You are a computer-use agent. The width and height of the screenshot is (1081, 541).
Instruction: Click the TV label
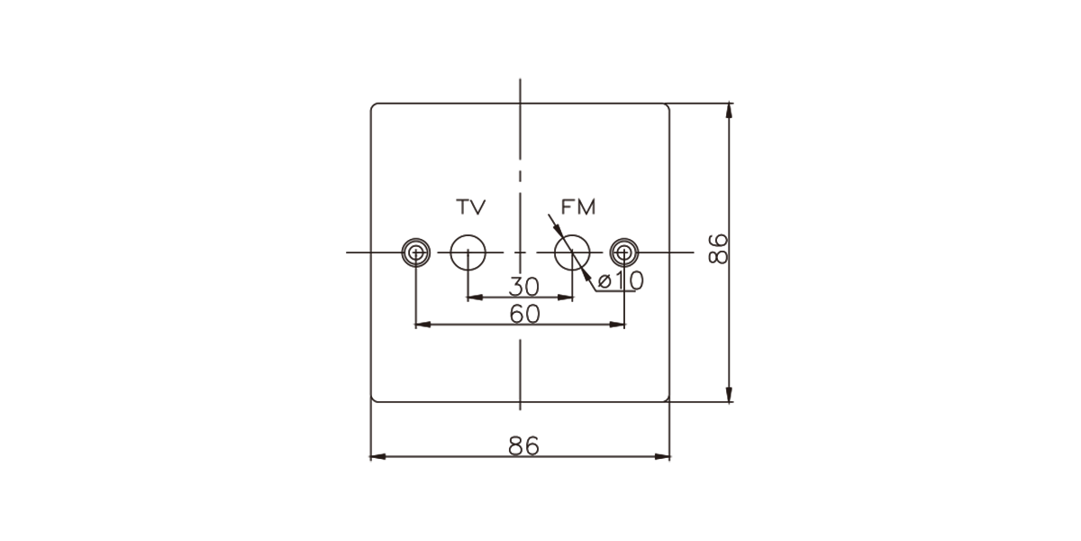470,207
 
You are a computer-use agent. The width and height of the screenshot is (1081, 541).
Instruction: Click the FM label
578,207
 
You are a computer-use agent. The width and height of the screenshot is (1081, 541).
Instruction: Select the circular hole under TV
468,252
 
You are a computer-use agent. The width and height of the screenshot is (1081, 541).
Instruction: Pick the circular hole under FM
572,252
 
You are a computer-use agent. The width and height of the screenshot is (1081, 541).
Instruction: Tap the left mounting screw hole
416,252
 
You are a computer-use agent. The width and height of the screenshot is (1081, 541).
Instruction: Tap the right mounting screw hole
624,252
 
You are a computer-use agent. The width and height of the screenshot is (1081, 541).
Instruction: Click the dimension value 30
523,287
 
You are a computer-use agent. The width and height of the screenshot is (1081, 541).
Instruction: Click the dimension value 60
524,315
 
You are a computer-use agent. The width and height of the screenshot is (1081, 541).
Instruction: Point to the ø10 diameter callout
620,280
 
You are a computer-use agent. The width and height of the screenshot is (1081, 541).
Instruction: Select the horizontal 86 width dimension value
523,445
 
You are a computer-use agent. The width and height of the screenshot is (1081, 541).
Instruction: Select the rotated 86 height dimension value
718,249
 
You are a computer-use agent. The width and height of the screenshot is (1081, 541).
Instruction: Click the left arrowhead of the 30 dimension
475,298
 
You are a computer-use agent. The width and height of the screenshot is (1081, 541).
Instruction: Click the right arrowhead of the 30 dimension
565,298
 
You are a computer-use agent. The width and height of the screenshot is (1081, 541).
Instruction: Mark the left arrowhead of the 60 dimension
423,325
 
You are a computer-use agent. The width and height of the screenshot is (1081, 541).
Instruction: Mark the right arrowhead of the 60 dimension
617,325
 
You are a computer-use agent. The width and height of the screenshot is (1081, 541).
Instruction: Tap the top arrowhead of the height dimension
729,111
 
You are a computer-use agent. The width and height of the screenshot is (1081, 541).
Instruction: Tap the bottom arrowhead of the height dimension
729,394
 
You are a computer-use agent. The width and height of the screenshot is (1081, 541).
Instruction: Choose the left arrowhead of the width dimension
377,457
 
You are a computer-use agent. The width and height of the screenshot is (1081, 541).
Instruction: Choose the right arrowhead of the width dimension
662,457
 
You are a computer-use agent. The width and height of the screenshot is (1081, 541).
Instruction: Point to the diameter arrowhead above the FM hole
557,229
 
